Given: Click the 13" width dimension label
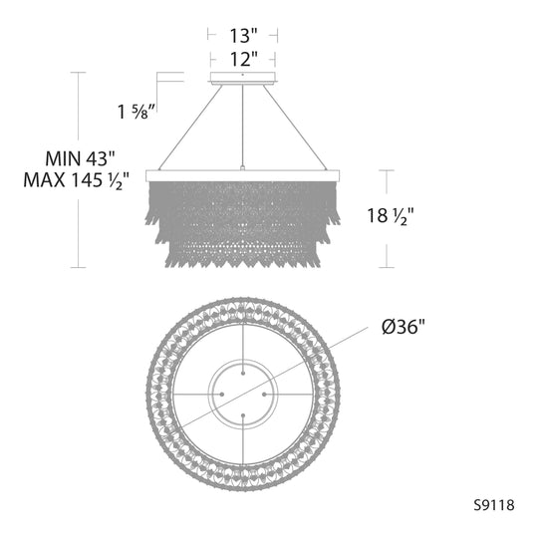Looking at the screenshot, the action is pos(243,36).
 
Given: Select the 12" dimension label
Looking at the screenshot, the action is pos(243,59).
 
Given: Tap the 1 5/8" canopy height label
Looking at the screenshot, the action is pos(137,112).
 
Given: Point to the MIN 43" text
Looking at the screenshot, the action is pos(80,158).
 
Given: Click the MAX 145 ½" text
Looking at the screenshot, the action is pos(76,180).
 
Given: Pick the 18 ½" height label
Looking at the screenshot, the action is pos(391,216).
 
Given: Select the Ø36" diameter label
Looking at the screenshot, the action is pos(403,327).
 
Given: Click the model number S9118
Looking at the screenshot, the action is pos(494,505).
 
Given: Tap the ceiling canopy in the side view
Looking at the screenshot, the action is pos(243,78).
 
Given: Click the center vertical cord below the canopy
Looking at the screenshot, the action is pos(242,126).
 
